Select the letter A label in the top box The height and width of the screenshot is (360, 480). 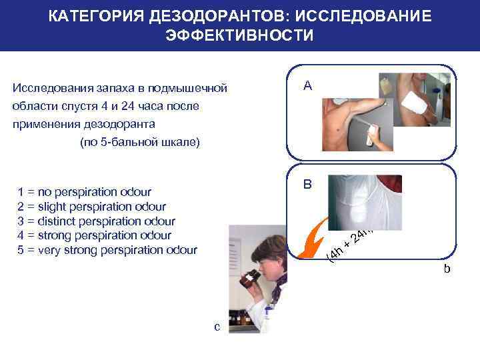[307, 85]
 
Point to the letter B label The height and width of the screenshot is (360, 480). [307, 183]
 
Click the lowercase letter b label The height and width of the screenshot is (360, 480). [447, 269]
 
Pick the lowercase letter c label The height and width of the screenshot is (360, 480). [217, 326]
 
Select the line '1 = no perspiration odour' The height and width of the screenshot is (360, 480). [84, 192]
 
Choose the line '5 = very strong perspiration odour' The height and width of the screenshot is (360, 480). [107, 251]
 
